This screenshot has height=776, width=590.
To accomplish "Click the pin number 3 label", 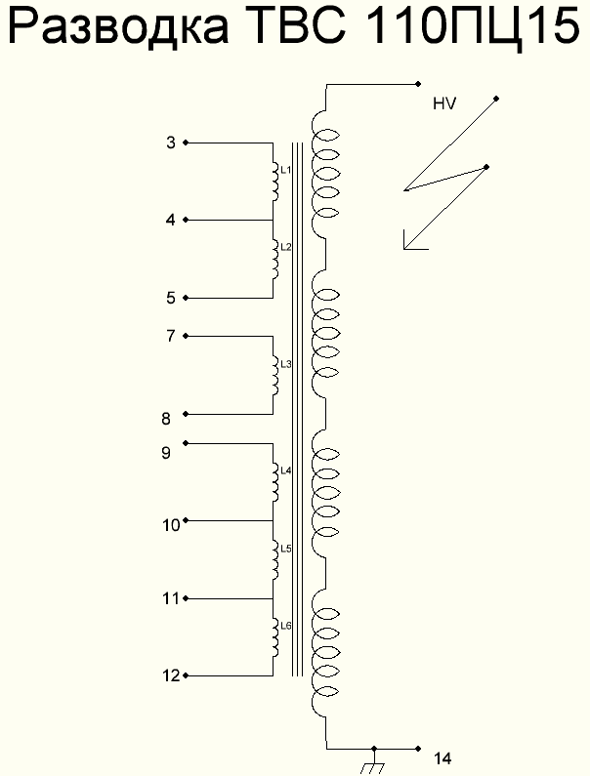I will [171, 143].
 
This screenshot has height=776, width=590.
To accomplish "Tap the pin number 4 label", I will [171, 221].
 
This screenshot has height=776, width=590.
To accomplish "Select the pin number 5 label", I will [171, 298].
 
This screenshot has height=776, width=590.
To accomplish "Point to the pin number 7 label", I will [171, 336].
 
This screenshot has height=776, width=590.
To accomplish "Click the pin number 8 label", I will [166, 419].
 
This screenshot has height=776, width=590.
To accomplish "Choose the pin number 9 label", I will [166, 452].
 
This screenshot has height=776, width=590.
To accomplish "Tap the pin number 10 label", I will [171, 525].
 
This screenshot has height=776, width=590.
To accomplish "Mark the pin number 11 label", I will [171, 598].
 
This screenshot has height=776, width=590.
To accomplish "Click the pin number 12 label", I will [171, 675].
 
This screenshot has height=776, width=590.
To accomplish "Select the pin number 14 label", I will [442, 758].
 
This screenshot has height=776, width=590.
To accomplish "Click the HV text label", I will [445, 103].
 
